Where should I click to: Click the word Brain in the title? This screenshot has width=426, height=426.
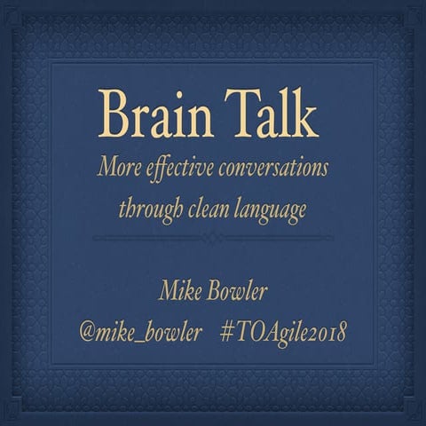(x=154, y=114)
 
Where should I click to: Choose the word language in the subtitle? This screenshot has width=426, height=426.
(x=272, y=210)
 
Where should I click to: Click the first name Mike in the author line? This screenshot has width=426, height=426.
(x=177, y=290)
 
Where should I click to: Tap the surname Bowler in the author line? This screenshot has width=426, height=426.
(x=235, y=290)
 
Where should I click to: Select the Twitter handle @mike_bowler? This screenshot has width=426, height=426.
(x=139, y=333)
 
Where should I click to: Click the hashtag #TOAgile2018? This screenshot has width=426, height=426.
(x=280, y=333)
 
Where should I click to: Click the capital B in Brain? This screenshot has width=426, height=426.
(x=114, y=114)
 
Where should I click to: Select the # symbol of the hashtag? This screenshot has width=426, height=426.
(x=223, y=333)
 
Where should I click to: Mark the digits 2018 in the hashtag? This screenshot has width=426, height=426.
(x=326, y=333)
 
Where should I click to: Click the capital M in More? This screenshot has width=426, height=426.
(x=108, y=169)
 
